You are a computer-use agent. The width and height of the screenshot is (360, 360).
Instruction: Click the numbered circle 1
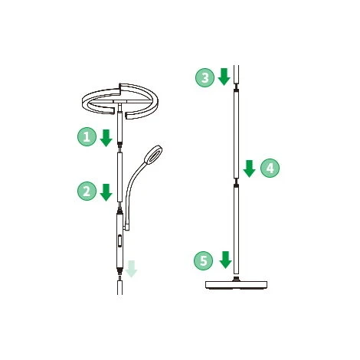(87, 137)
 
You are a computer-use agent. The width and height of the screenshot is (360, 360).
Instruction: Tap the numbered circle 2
(87, 191)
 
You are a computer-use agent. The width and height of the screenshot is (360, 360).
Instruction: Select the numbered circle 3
(205, 77)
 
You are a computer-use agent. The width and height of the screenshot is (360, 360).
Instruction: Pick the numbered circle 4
(270, 168)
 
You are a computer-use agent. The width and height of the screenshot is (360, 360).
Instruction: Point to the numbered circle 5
(204, 260)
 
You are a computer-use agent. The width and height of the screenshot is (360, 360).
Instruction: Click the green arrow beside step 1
(106, 138)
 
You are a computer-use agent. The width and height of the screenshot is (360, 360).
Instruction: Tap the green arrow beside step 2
(106, 192)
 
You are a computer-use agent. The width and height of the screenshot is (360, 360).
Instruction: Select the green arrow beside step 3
(224, 77)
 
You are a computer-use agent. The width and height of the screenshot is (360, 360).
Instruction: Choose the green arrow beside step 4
(249, 169)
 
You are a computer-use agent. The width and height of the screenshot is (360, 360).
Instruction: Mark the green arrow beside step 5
(225, 260)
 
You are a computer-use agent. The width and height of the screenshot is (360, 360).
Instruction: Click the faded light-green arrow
(131, 269)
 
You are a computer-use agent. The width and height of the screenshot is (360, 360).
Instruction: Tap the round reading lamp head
(153, 155)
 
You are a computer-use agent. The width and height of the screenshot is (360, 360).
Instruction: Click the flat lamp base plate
(237, 285)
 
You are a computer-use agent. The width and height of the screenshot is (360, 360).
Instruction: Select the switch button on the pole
(119, 241)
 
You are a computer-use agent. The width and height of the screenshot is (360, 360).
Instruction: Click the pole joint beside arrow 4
(237, 182)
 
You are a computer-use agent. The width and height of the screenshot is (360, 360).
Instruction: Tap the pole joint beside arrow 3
(237, 88)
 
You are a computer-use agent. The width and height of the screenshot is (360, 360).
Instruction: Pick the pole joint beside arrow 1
(119, 147)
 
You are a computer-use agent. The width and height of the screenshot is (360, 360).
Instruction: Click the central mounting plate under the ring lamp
(119, 102)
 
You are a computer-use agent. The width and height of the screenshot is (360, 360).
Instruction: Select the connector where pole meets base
(237, 278)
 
